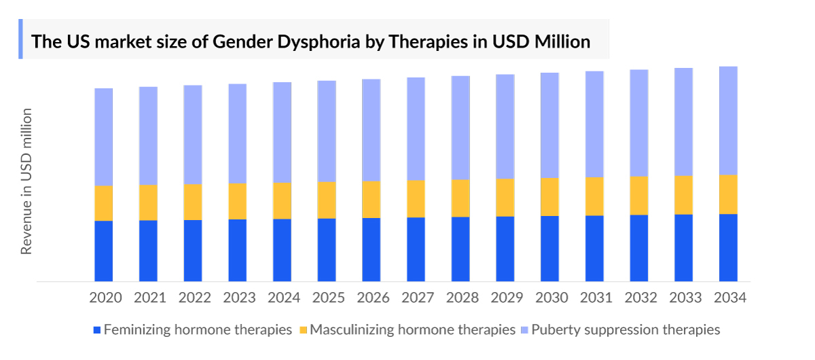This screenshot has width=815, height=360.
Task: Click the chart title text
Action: click(311, 41)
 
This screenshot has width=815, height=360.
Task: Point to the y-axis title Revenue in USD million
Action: click(26, 181)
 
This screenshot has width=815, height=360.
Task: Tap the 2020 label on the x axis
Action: click(105, 298)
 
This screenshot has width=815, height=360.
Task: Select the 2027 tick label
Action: click(417, 298)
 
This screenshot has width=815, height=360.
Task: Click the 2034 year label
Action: click(729, 298)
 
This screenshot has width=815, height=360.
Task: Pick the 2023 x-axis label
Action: click(238, 298)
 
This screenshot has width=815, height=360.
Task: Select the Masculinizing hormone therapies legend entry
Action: click(412, 330)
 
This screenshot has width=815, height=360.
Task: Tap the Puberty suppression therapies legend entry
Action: click(625, 330)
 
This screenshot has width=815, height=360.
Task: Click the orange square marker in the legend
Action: click(304, 331)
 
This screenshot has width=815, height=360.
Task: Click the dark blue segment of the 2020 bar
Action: click(103, 251)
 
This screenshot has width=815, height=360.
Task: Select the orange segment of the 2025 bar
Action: click(327, 200)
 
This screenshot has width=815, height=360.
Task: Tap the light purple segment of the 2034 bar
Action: click(728, 120)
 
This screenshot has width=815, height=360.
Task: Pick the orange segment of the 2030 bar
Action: click(549, 196)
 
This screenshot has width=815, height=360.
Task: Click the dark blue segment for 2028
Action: click(460, 249)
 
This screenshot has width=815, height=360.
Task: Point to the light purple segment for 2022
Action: click(193, 134)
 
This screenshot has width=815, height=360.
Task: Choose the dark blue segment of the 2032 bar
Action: click(639, 248)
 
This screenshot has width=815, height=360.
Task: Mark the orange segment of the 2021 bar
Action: click(148, 202)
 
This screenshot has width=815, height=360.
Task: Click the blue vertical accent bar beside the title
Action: click(20, 39)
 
